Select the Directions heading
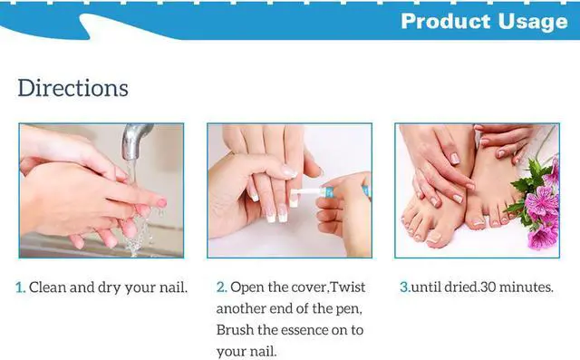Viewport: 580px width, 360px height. (x=72, y=88)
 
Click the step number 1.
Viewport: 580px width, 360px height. (x=21, y=287)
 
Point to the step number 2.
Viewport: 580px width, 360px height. (x=221, y=287)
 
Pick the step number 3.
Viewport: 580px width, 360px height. (x=405, y=287)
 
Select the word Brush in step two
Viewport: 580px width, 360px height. (x=237, y=330)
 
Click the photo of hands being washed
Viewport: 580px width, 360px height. (x=101, y=190)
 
